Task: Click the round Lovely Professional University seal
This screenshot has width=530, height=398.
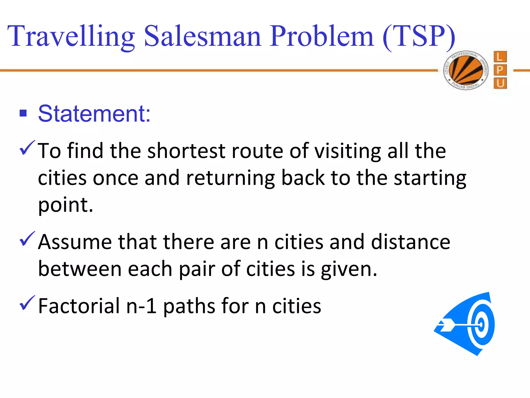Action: click(466, 70)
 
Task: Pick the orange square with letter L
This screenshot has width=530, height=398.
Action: click(500, 57)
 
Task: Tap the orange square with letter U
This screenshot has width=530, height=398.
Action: click(500, 83)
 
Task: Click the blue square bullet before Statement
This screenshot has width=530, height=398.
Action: click(23, 113)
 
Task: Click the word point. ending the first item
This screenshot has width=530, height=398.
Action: click(65, 205)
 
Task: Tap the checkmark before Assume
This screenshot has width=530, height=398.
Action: click(27, 239)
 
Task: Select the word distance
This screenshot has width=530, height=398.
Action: click(411, 242)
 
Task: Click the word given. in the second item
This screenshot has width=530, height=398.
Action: click(349, 269)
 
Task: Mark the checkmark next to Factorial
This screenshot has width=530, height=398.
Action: click(27, 303)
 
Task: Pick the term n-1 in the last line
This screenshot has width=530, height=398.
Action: click(141, 306)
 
